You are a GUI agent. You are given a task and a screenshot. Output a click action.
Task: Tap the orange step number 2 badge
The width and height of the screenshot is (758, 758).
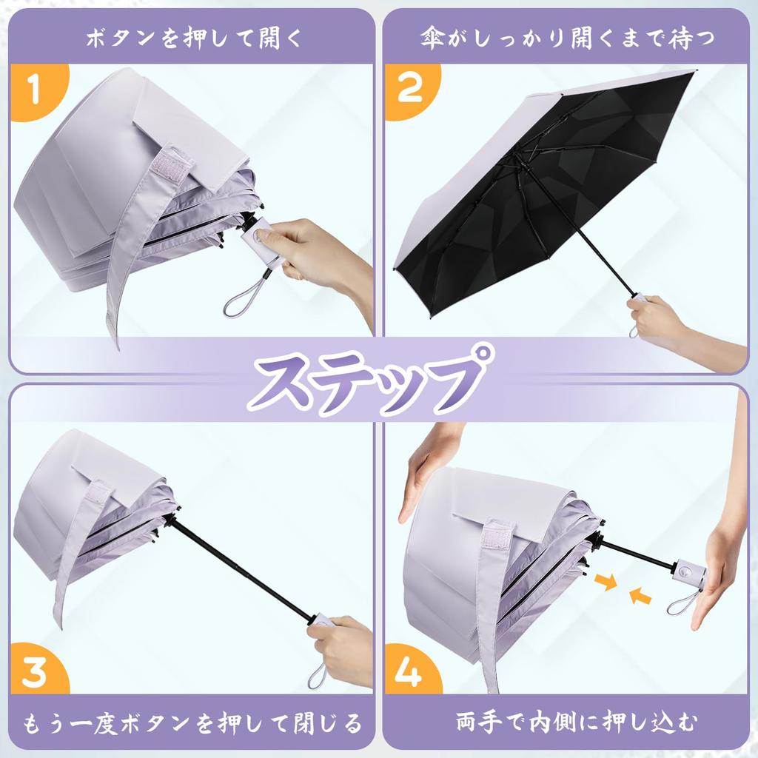coord(410,90)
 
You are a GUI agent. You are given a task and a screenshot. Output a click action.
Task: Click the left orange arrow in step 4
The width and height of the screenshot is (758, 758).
coord(606,584)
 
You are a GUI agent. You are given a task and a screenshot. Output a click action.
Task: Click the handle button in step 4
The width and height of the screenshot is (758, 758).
coord(684,572)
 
